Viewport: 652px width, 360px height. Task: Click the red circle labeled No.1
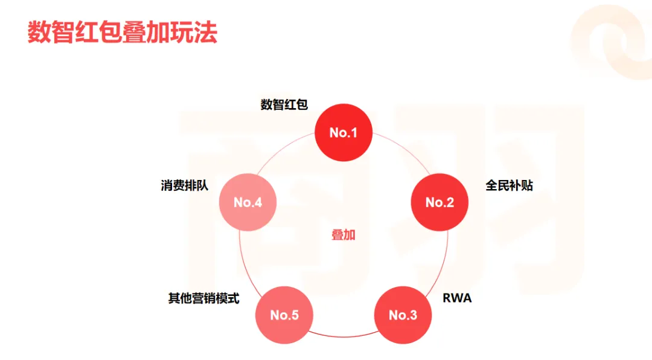(344, 132)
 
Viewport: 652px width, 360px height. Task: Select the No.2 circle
(439, 202)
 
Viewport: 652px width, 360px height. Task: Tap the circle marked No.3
(403, 315)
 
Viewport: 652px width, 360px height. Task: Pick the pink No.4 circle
(248, 202)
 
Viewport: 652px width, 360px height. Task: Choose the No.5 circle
(284, 315)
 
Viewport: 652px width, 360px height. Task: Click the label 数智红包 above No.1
(284, 104)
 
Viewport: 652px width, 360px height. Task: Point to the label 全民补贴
(509, 185)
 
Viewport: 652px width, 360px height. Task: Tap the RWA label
(457, 298)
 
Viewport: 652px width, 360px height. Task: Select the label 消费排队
(184, 185)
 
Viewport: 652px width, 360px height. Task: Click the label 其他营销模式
(203, 298)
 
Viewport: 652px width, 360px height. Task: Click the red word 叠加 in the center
(344, 235)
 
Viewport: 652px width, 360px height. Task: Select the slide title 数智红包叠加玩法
(122, 33)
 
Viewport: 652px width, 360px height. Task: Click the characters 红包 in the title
(98, 33)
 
